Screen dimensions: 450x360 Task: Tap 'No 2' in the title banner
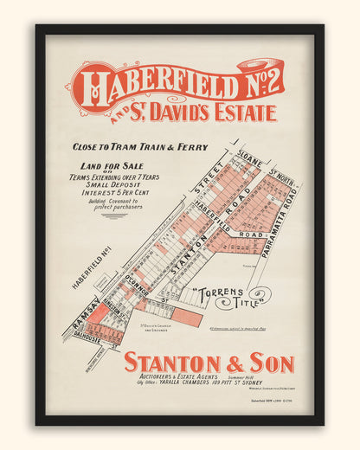click(255, 80)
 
